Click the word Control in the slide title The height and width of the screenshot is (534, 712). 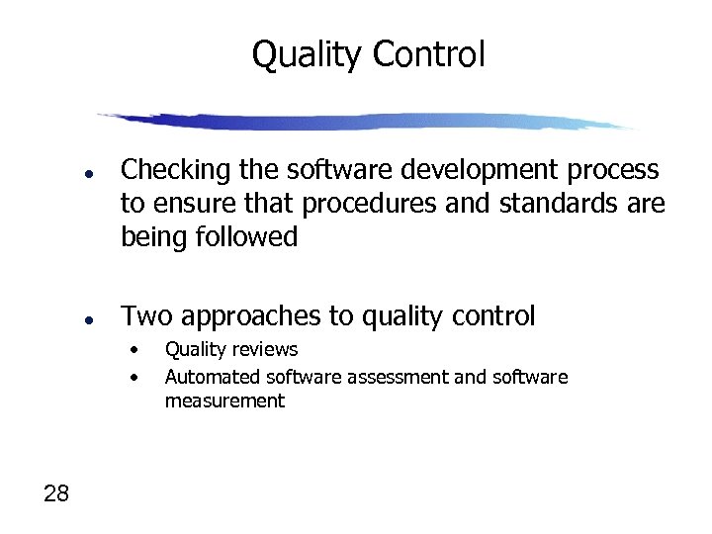tap(429, 54)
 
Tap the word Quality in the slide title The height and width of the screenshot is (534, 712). tap(309, 54)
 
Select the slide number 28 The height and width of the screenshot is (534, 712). tap(56, 493)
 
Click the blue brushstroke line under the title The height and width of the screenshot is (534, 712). tap(366, 122)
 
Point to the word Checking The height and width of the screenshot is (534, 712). tap(176, 171)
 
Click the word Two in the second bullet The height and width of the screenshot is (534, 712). tap(145, 316)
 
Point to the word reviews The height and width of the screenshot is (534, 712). tap(265, 349)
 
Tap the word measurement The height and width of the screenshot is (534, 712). tap(224, 400)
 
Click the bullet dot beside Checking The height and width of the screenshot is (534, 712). tap(88, 173)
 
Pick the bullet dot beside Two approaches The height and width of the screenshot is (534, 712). tap(88, 319)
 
